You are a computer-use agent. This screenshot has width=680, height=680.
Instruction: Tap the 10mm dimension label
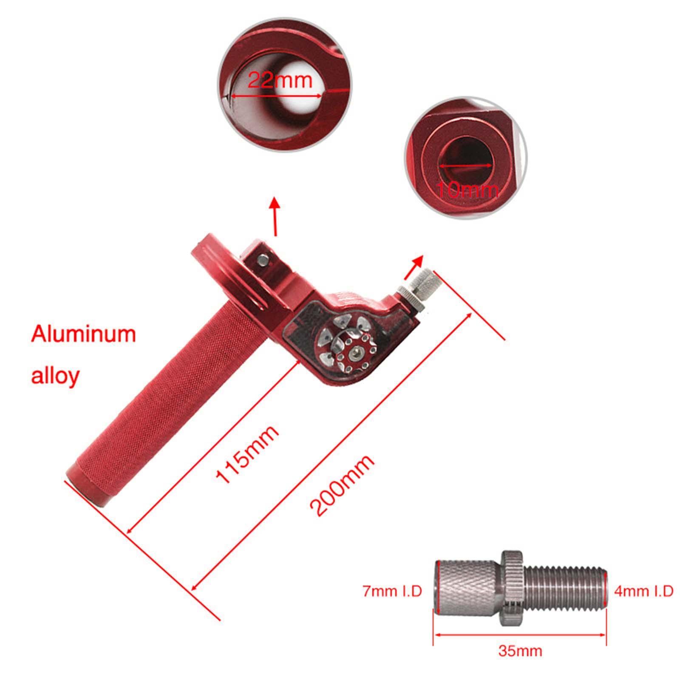point(467,190)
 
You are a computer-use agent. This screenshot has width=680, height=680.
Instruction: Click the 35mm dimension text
point(520,651)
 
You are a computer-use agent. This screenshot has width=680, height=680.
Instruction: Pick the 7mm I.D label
point(392,591)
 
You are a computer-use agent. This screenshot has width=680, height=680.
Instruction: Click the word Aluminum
point(83,334)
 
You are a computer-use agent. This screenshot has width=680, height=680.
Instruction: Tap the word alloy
point(55,375)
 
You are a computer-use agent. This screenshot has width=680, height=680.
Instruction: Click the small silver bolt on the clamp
point(263,259)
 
